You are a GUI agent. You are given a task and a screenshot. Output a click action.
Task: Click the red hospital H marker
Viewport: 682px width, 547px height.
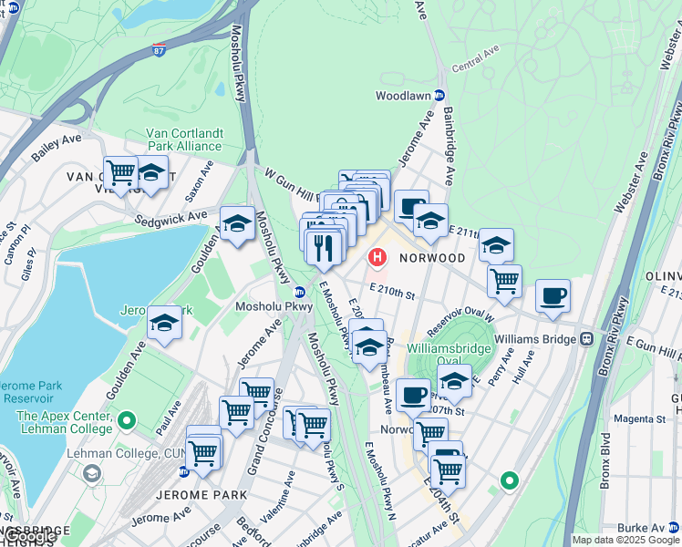(x=376, y=259)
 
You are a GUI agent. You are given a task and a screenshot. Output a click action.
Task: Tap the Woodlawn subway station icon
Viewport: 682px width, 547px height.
(x=439, y=95)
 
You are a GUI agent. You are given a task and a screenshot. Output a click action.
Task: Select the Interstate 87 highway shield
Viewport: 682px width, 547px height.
(x=160, y=50)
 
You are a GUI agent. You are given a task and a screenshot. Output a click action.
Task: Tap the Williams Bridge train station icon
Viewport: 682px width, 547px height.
(x=586, y=338)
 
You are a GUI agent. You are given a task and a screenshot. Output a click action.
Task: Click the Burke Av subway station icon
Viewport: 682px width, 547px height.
(x=673, y=528)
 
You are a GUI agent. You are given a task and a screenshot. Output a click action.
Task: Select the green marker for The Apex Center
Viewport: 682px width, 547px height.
(x=127, y=422)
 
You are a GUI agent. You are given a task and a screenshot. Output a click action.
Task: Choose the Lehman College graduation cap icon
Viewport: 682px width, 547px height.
(x=92, y=474)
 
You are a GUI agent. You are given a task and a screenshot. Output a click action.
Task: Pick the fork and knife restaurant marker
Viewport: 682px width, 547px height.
(x=323, y=246)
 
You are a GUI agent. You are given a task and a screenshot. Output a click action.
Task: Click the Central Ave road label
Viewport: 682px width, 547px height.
(x=478, y=66)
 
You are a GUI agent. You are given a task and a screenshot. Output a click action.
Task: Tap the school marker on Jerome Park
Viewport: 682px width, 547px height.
(x=164, y=322)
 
